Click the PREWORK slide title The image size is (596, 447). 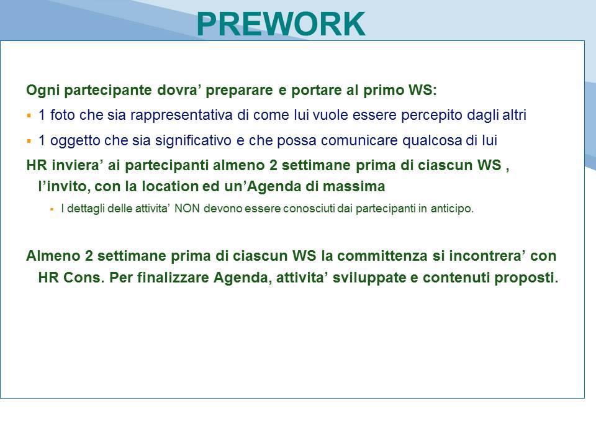coord(281,24)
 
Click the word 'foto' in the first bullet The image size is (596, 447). coord(63,115)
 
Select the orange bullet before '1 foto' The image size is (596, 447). coord(29,115)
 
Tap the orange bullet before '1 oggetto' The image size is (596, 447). coord(29,141)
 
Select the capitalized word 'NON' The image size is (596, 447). coord(187,209)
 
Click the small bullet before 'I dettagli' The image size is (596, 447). coord(52,209)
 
